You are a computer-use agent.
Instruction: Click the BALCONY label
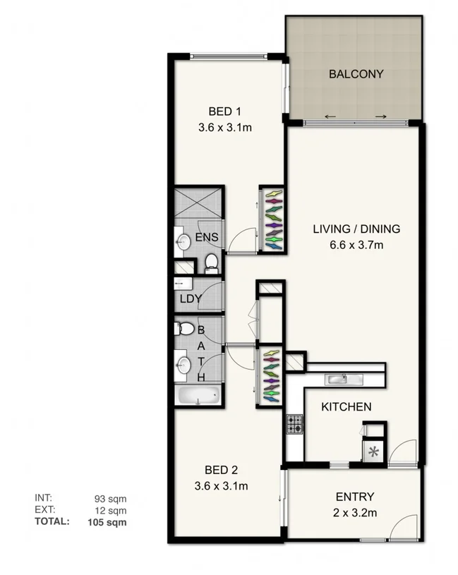tap(356, 73)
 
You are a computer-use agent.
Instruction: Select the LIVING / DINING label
tap(356, 229)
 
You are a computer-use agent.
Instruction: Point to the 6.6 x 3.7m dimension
tap(356, 245)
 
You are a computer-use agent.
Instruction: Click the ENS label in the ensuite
tap(206, 237)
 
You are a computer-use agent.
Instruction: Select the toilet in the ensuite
tap(210, 262)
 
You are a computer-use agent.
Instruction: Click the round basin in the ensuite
tap(183, 243)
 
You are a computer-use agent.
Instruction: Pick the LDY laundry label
tap(191, 298)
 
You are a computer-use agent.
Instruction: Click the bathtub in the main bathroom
tap(198, 395)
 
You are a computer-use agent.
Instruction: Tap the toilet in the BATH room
tap(186, 328)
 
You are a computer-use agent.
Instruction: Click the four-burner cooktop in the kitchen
tap(294, 423)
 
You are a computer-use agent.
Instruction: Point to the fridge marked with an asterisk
tap(373, 452)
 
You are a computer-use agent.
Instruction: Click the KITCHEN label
tap(346, 407)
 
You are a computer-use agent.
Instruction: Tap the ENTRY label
tap(355, 497)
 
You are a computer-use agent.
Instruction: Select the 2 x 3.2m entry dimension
tap(355, 513)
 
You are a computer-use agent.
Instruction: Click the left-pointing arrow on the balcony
tap(330, 116)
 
